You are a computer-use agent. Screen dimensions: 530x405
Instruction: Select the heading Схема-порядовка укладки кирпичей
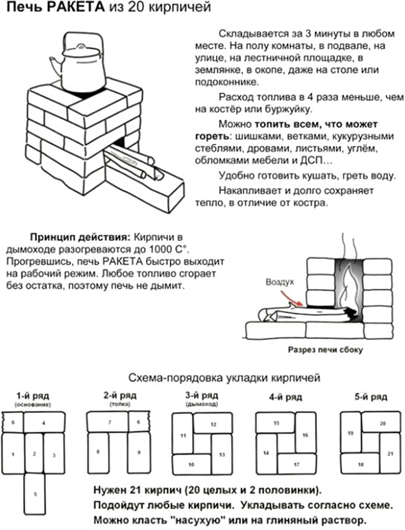(x=221, y=378)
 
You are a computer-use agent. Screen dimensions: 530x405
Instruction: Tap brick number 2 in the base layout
(x=34, y=453)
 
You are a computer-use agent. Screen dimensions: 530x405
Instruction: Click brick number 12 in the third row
(x=213, y=423)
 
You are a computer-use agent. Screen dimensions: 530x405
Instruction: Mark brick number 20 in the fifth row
(x=382, y=423)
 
